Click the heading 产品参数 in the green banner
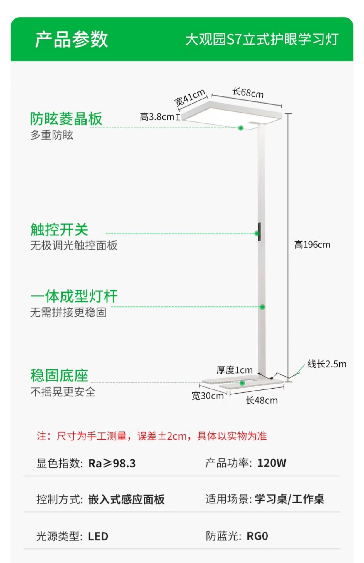(71, 39)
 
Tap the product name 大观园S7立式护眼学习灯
(262, 39)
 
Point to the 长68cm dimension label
(248, 93)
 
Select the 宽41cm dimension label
(190, 97)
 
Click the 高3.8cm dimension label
(157, 117)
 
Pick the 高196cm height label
(312, 245)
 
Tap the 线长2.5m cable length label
(327, 364)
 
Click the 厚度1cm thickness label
(234, 370)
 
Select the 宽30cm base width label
(208, 396)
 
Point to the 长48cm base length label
(262, 400)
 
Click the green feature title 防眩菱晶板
(66, 119)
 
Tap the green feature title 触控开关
(59, 229)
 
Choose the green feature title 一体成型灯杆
(74, 296)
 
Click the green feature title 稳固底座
(59, 376)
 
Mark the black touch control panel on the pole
(259, 232)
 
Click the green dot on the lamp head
(241, 128)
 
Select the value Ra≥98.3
(112, 464)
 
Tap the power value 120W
(272, 463)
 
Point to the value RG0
(257, 536)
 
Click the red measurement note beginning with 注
(152, 436)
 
